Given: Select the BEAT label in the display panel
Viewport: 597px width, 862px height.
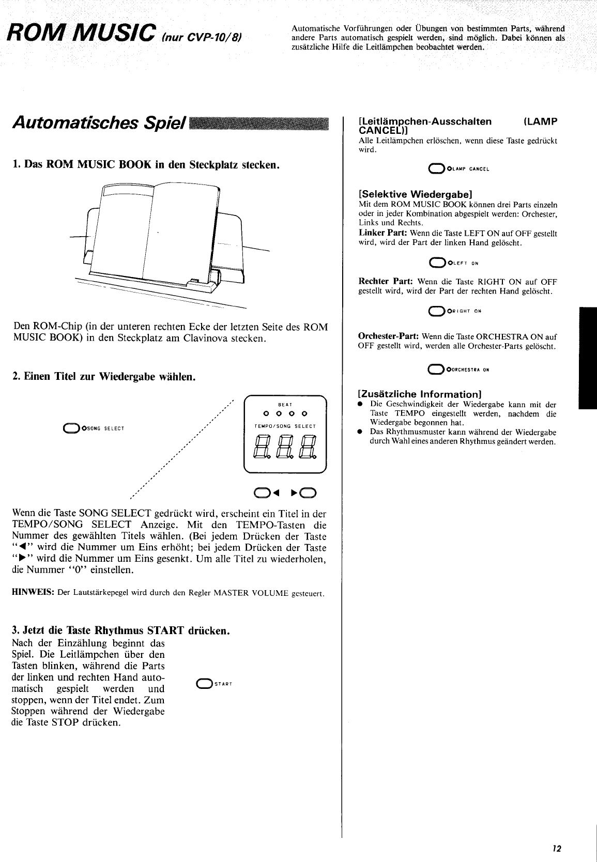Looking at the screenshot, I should (285, 404).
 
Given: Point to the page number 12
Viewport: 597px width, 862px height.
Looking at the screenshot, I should (556, 849).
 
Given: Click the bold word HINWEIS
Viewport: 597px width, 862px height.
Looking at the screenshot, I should (33, 592).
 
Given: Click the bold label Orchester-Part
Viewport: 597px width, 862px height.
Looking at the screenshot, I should (388, 336).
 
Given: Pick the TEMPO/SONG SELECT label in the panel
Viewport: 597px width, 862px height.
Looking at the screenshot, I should (285, 426).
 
